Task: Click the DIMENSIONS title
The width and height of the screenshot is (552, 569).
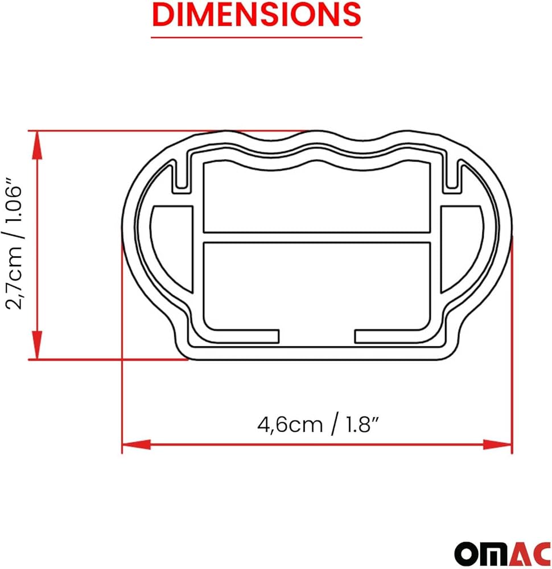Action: tap(257, 14)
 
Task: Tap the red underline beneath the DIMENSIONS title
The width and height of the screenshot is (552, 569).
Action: tap(257, 37)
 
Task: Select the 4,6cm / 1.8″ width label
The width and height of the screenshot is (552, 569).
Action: tap(318, 424)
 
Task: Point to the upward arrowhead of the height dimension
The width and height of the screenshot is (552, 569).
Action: tap(38, 145)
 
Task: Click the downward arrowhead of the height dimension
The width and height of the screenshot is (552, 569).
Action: tap(38, 345)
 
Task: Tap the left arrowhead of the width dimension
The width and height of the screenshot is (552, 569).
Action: tap(137, 444)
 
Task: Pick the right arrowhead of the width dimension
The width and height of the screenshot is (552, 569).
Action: tap(497, 444)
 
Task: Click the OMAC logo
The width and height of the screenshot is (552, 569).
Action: tap(503, 554)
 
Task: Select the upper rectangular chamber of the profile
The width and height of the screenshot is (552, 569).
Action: tap(317, 198)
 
